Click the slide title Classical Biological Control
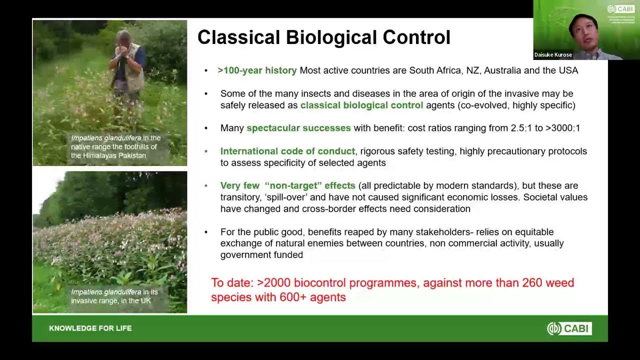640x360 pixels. click(x=323, y=37)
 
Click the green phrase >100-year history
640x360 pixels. click(x=257, y=70)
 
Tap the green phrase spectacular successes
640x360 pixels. click(x=298, y=128)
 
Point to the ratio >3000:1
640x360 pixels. click(x=562, y=128)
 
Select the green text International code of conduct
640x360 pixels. click(x=287, y=151)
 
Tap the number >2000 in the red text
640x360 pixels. click(x=273, y=283)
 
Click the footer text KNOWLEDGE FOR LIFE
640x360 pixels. click(x=90, y=328)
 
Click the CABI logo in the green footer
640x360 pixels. click(x=569, y=328)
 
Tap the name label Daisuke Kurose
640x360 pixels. click(x=553, y=55)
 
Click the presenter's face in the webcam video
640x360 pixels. click(x=584, y=30)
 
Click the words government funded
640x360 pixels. click(x=261, y=255)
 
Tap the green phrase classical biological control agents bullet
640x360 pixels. click(x=361, y=105)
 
